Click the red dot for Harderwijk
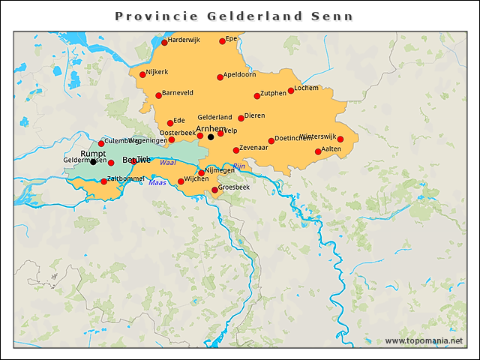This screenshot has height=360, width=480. click(164, 42)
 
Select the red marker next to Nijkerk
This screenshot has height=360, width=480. click(142, 74)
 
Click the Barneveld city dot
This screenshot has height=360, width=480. click(158, 95)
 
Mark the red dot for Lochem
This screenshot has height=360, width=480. click(291, 91)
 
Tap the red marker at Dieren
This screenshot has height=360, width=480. click(241, 118)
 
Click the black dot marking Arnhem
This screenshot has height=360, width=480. click(211, 136)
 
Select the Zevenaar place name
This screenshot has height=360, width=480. click(254, 148)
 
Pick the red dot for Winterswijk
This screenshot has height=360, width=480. click(340, 139)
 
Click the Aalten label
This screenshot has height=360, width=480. click(331, 149)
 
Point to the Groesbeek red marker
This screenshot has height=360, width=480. click(214, 190)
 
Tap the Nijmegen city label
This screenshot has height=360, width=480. click(220, 170)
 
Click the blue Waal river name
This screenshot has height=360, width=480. click(168, 162)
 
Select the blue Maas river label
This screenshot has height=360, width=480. click(157, 182)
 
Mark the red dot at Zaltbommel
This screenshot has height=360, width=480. click(103, 181)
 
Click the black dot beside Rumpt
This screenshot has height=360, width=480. click(93, 161)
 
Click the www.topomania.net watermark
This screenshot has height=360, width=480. click(424, 340)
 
